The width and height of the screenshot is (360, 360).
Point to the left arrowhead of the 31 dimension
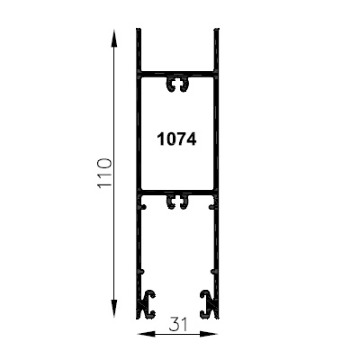point(140,333)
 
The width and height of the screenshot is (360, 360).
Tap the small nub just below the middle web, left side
point(142,205)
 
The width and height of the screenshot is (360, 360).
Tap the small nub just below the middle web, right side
point(213,205)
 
